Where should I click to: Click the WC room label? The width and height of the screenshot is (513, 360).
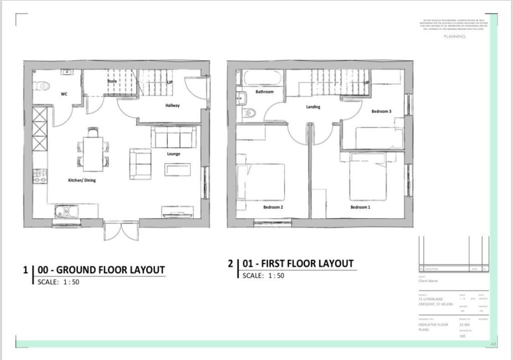point(64,94)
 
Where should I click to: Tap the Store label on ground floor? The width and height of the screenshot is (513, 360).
point(112,81)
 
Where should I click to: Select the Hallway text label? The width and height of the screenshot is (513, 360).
point(172,105)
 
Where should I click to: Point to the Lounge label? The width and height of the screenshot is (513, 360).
point(173,154)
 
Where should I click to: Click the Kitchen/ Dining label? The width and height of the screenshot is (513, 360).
point(82,180)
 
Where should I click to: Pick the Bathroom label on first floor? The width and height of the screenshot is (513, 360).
point(265,92)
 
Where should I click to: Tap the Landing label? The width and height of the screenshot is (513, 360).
point(313,107)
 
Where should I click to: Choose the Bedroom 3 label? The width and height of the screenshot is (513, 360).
point(381,111)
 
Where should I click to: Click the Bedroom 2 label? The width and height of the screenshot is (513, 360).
point(274,207)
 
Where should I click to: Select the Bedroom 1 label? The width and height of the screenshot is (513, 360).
point(360,207)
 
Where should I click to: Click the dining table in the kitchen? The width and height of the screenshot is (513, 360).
point(93,153)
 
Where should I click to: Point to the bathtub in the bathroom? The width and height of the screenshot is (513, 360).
point(263,78)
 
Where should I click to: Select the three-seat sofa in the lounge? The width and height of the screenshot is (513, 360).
point(173,137)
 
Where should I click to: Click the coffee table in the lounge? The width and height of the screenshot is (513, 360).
point(178,169)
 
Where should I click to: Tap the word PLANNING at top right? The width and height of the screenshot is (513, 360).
point(454,37)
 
